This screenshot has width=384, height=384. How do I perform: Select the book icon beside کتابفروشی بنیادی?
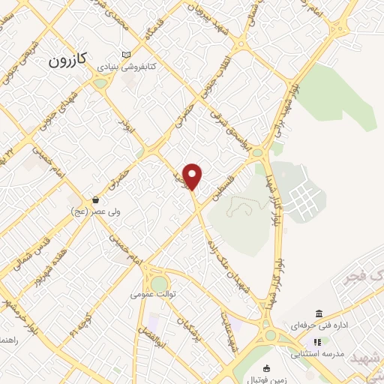126,54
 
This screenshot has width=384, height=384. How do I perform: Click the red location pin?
193,176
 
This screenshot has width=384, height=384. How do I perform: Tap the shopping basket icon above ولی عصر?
96,200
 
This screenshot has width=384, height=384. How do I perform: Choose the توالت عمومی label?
153,295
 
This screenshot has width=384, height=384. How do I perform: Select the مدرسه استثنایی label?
319,352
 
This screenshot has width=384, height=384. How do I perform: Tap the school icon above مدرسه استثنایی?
316,341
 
